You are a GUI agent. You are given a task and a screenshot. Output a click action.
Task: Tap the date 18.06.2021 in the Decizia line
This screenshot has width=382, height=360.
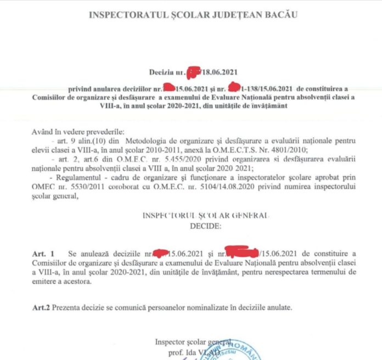(x=218, y=72)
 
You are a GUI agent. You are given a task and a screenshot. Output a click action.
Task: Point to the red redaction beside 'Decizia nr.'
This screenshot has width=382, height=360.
(x=194, y=71)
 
